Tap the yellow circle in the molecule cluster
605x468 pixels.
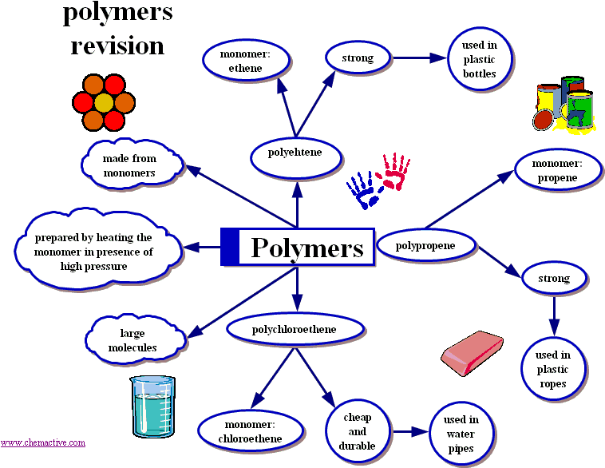104,102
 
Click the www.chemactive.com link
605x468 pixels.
42,442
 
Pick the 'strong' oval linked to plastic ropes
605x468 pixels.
556,279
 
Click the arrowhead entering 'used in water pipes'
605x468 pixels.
424,431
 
